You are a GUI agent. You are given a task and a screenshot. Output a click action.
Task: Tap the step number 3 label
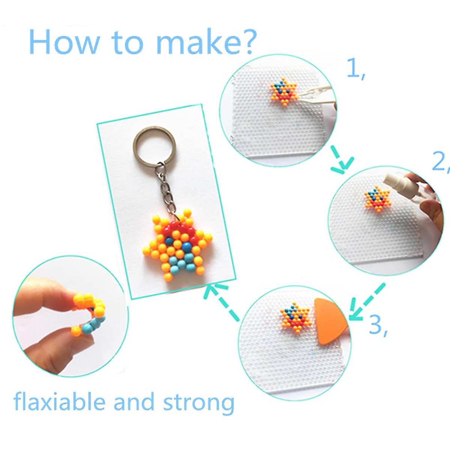point(377,325)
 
